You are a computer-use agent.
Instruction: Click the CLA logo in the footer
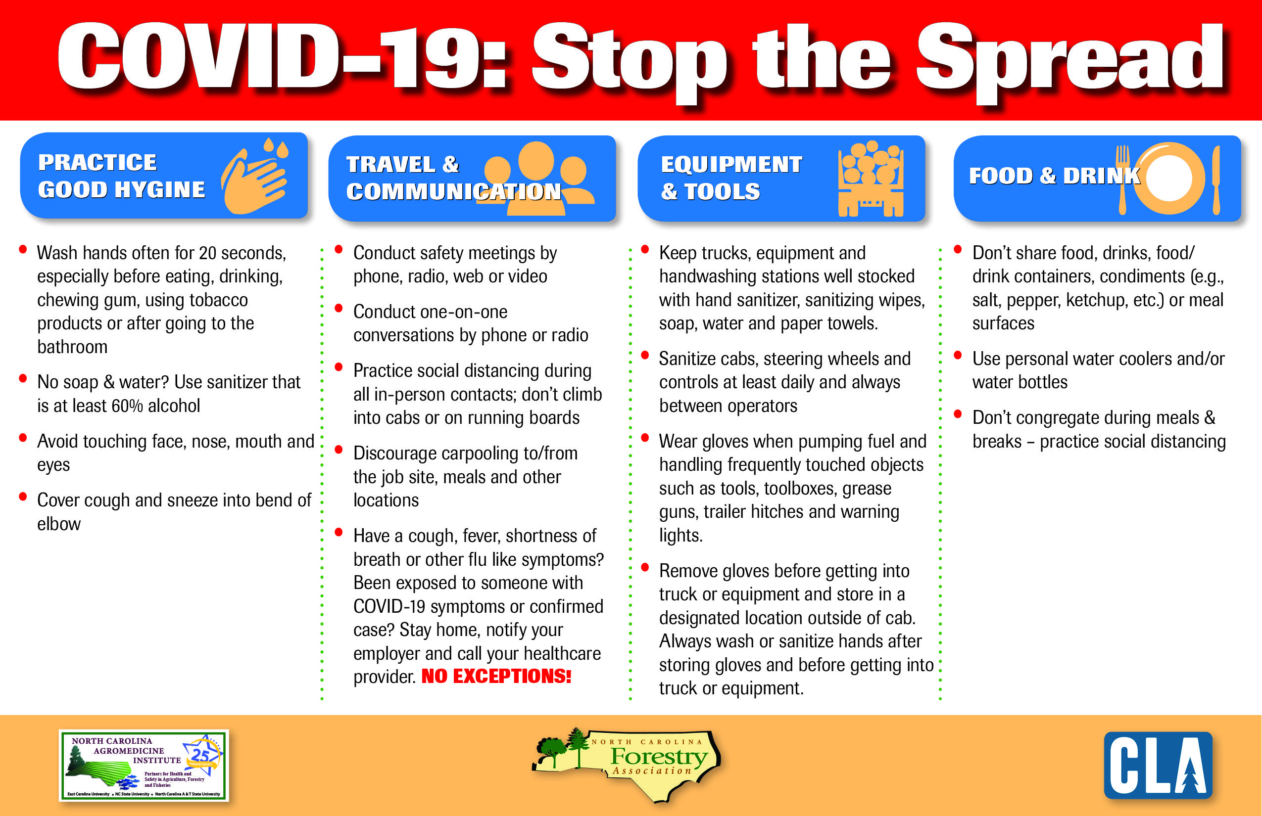(x=1158, y=765)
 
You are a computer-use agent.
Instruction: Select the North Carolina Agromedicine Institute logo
(x=144, y=765)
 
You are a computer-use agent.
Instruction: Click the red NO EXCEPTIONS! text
(x=496, y=676)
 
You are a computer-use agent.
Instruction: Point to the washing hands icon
(x=255, y=177)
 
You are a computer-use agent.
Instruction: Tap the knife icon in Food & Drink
(x=1216, y=180)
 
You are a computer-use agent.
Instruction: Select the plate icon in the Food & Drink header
(x=1168, y=178)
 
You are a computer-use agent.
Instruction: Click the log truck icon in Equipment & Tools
(x=871, y=179)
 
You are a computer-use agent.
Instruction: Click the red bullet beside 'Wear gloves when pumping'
(x=645, y=438)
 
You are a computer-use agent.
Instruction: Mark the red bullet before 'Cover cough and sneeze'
(x=23, y=497)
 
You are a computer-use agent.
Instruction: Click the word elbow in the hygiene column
(x=59, y=524)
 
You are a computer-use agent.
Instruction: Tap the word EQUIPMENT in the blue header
(x=731, y=164)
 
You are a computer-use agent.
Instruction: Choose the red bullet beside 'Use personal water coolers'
(x=958, y=355)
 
